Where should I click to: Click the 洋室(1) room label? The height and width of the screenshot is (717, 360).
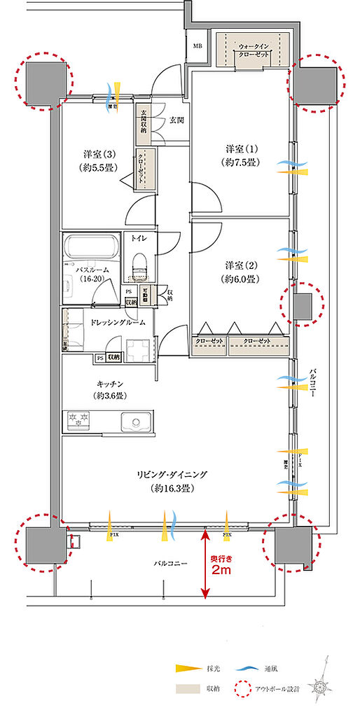[242, 155]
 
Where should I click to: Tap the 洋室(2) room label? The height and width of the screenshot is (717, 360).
[242, 272]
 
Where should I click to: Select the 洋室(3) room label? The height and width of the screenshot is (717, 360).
[98, 160]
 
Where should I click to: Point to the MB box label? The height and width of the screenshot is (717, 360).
[199, 48]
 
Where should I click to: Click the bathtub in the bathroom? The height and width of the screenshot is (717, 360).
[91, 248]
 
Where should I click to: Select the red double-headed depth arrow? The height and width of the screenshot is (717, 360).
[205, 563]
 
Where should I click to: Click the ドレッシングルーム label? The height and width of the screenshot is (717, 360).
[118, 322]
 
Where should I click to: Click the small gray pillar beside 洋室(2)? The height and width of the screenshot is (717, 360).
[303, 307]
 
